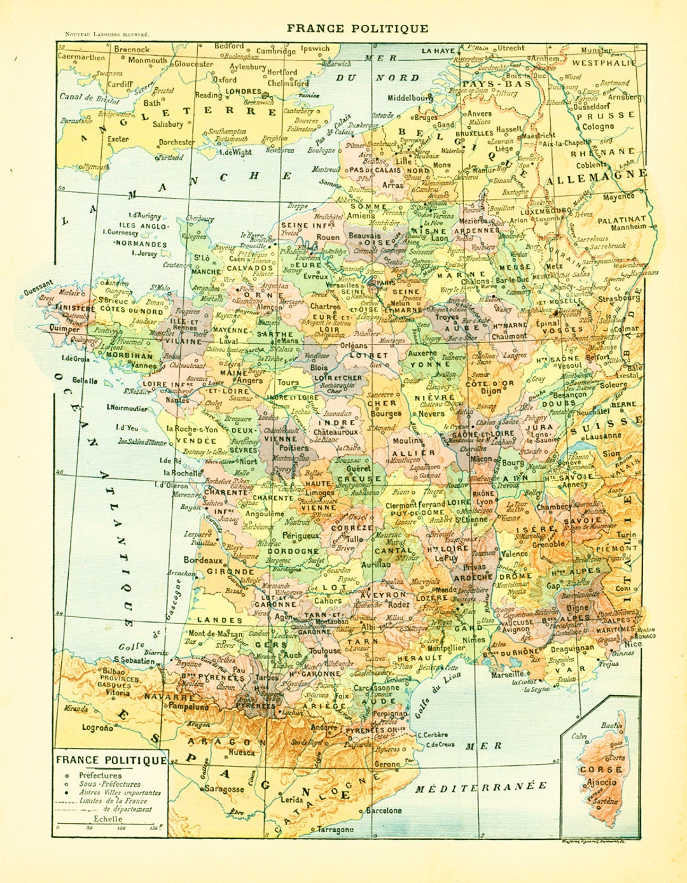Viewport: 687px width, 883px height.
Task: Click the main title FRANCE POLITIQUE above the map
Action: point(357,28)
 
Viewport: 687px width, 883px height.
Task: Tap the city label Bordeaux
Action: point(203,561)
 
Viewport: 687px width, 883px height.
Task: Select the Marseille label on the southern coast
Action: point(508,674)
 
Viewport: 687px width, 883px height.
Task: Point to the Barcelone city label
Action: point(384,810)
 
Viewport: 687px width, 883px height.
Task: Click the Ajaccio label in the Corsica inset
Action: point(601,782)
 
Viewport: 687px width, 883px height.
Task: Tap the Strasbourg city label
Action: point(618,298)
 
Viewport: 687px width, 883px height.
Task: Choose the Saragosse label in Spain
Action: point(224,789)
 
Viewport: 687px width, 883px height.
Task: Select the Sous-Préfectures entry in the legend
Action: point(109,784)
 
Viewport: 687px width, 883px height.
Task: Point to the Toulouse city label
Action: point(325,651)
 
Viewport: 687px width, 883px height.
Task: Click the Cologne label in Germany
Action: point(598,126)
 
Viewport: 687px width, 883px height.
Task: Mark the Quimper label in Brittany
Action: point(65,329)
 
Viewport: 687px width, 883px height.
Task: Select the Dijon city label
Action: point(490,392)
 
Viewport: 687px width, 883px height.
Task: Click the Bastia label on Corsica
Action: point(612,725)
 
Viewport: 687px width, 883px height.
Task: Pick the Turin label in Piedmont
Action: point(626,535)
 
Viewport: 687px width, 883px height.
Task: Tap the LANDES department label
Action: point(219,619)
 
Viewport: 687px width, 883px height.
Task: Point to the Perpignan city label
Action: point(390,715)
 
